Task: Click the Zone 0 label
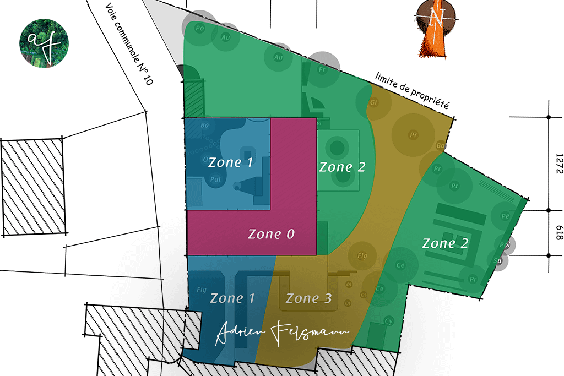click(271, 234)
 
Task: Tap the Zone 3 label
click(308, 299)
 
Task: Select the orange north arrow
click(435, 30)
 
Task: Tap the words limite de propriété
click(412, 89)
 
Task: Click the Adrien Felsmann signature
click(282, 334)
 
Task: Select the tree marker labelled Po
click(200, 28)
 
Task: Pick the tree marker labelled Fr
click(323, 70)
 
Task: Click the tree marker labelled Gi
click(374, 103)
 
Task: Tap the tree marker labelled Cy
click(389, 321)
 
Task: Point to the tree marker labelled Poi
click(503, 245)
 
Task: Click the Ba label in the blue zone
click(205, 126)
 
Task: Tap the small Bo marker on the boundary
click(441, 146)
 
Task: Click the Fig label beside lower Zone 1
click(201, 289)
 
